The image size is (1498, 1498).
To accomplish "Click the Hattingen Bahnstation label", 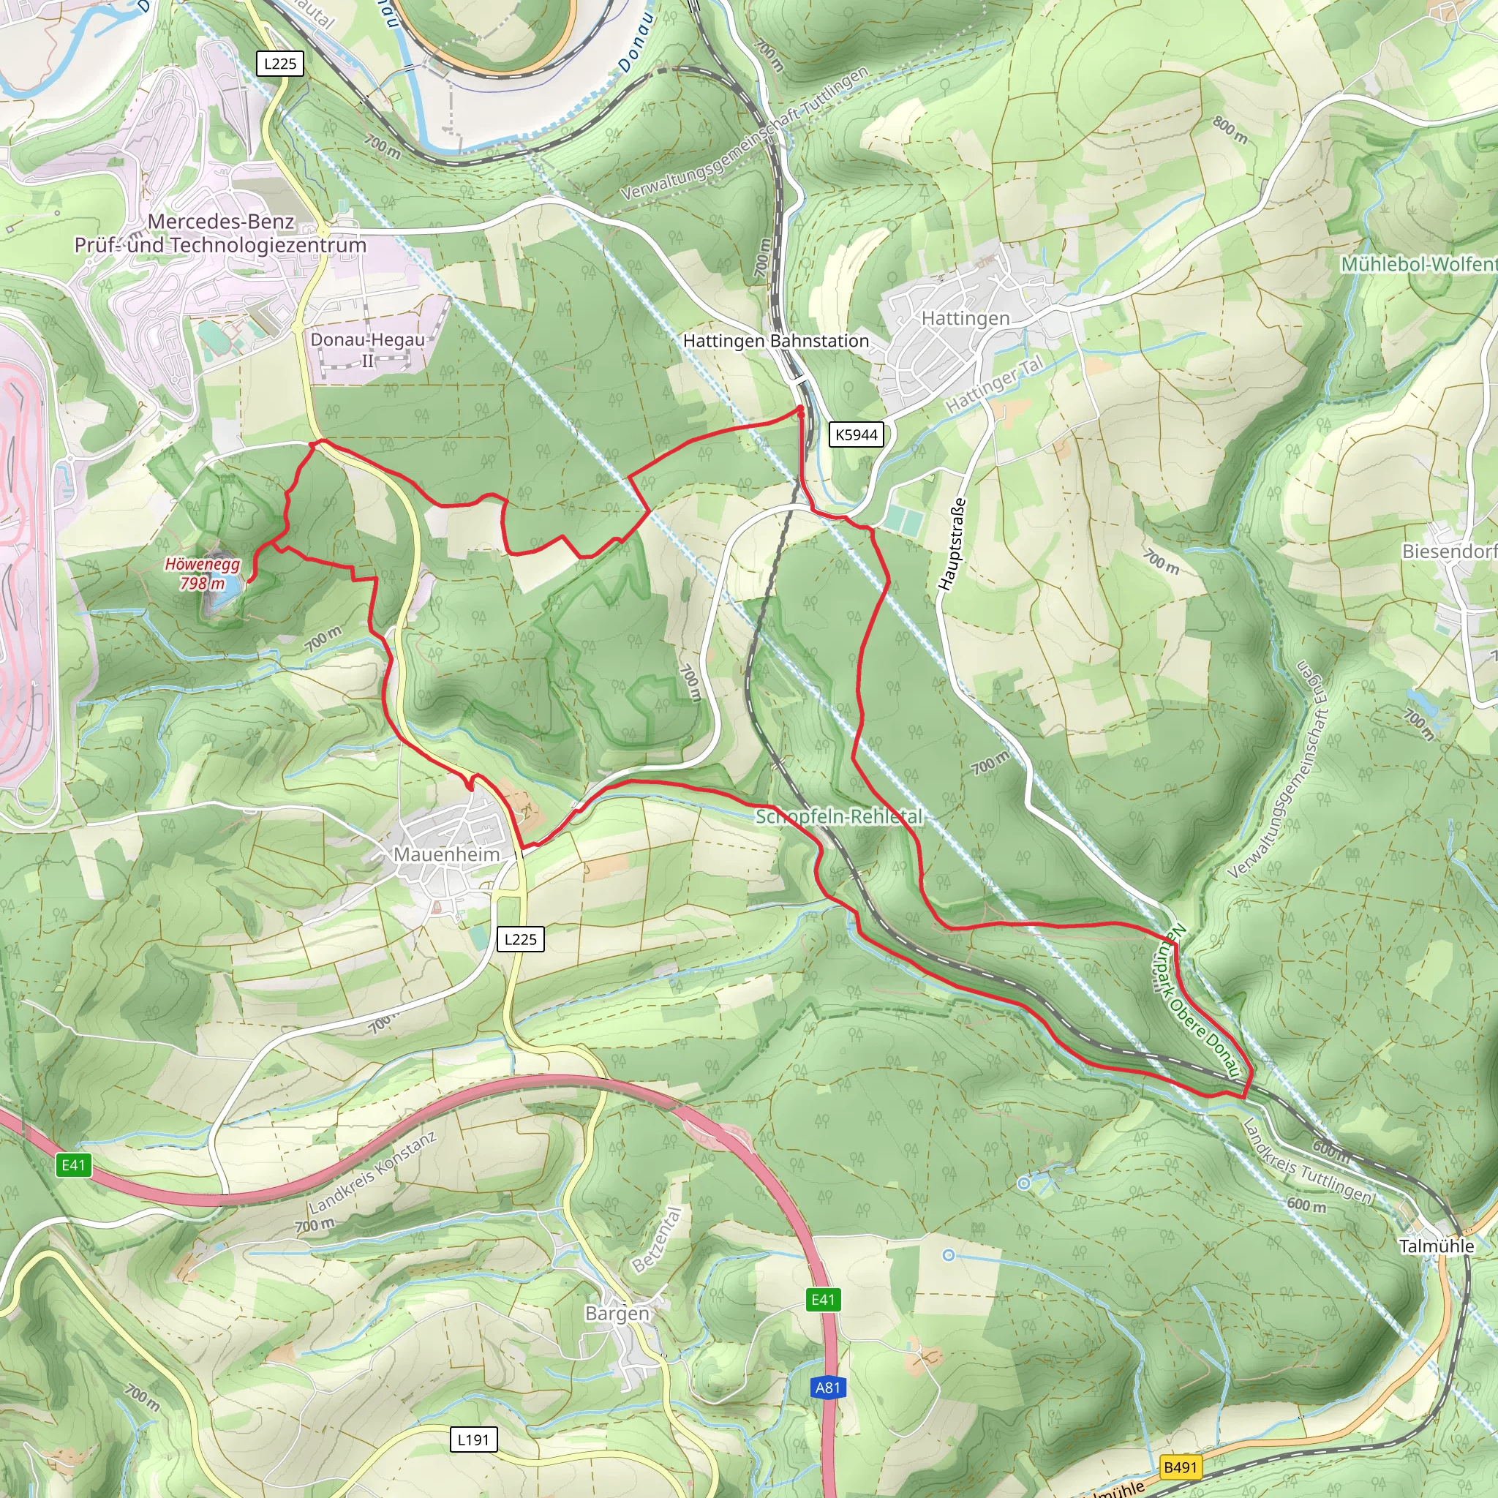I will [775, 341].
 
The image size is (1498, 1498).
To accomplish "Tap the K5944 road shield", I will [856, 435].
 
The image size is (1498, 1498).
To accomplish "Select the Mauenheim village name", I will [447, 854].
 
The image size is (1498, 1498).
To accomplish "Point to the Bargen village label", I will [617, 1314].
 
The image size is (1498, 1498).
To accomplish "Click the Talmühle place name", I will [1437, 1246].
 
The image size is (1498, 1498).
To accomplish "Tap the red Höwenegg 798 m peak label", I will [203, 573].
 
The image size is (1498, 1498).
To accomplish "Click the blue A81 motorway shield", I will [827, 1388].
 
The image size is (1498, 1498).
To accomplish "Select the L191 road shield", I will [473, 1439].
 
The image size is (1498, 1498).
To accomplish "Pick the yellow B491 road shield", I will [1180, 1467].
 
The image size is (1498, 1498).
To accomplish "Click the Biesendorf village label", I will [1449, 552].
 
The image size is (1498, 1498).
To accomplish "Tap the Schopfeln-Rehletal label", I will [839, 816].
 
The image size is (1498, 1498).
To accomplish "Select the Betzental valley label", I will [658, 1240].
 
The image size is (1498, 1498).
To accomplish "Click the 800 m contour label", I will [1230, 129].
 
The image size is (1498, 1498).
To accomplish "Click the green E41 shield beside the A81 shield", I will [823, 1300].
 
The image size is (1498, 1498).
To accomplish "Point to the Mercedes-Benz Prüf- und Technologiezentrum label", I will [220, 233].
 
